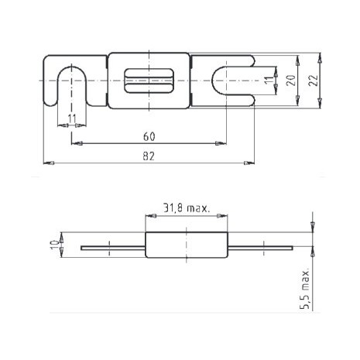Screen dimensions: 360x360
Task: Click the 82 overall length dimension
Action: (149, 156)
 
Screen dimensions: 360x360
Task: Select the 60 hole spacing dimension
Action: (149, 136)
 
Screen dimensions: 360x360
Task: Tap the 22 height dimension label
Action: (313, 81)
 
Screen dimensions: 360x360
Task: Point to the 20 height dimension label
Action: (290, 81)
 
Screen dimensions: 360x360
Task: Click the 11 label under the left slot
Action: (72, 118)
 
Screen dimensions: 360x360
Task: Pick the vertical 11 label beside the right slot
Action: (269, 80)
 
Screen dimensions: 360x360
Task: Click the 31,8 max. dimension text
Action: (186, 207)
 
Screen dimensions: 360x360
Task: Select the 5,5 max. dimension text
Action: (304, 288)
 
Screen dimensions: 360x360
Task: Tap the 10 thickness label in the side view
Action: (54, 245)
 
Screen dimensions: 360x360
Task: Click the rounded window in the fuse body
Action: (149, 81)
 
